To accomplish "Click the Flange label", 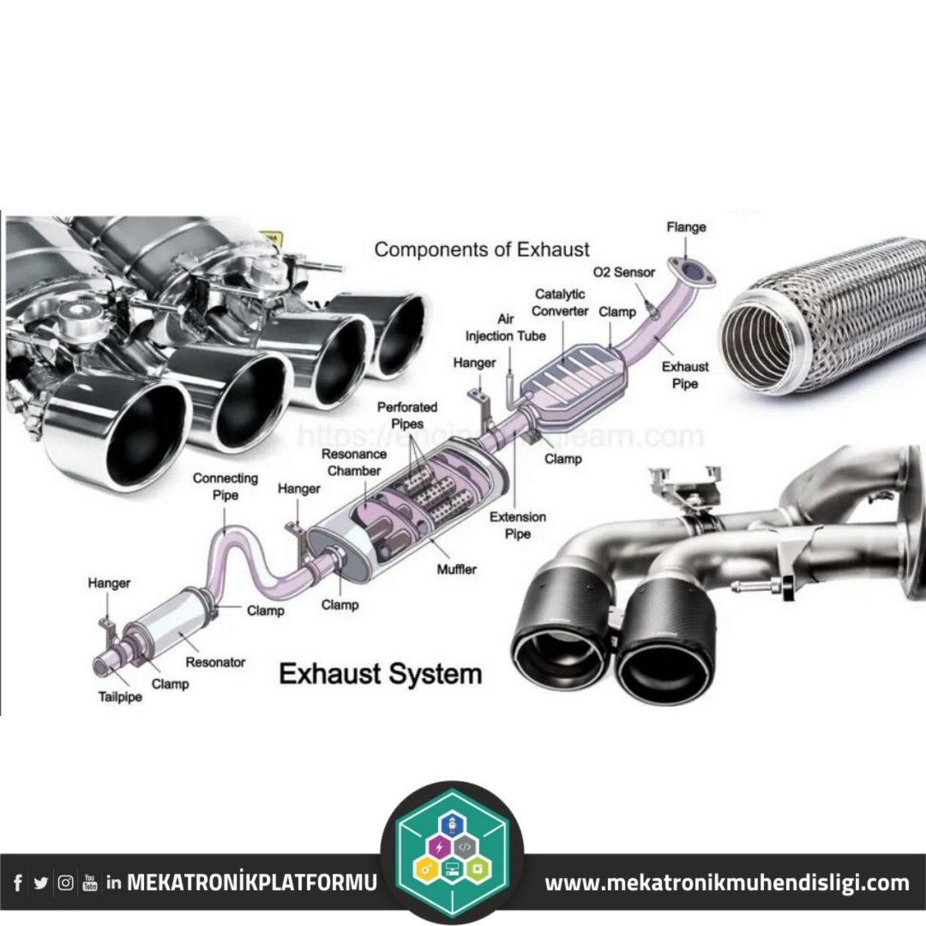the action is [x=686, y=227].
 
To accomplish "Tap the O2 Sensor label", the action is [x=623, y=273].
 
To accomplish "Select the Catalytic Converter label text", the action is [x=560, y=303].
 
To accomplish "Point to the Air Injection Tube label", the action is [x=505, y=327].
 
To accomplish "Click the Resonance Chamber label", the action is [x=354, y=462].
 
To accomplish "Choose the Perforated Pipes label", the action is [x=407, y=416].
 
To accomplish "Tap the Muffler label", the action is [x=456, y=568].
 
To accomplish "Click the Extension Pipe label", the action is [x=517, y=526].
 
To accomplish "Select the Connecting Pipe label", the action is [x=225, y=486].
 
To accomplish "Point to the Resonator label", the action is [x=215, y=662].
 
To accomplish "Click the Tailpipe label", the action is [x=120, y=697].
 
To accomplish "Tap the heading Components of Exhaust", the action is [x=482, y=250].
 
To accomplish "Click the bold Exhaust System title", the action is [x=381, y=673].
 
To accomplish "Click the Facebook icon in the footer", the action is [x=18, y=882].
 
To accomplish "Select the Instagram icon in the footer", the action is [x=65, y=882].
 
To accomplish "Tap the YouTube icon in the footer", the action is [x=89, y=882].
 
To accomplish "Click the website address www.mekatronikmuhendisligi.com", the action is [x=727, y=882].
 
